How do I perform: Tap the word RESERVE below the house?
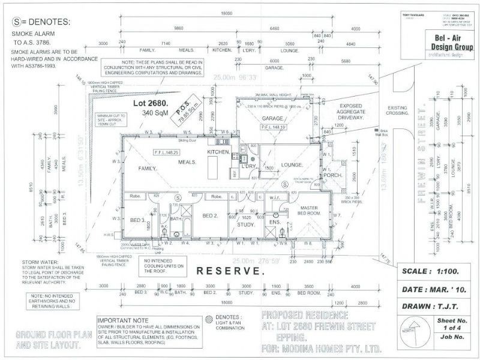230,271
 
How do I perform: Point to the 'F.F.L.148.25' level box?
166,152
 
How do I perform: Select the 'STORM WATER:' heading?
41,263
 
